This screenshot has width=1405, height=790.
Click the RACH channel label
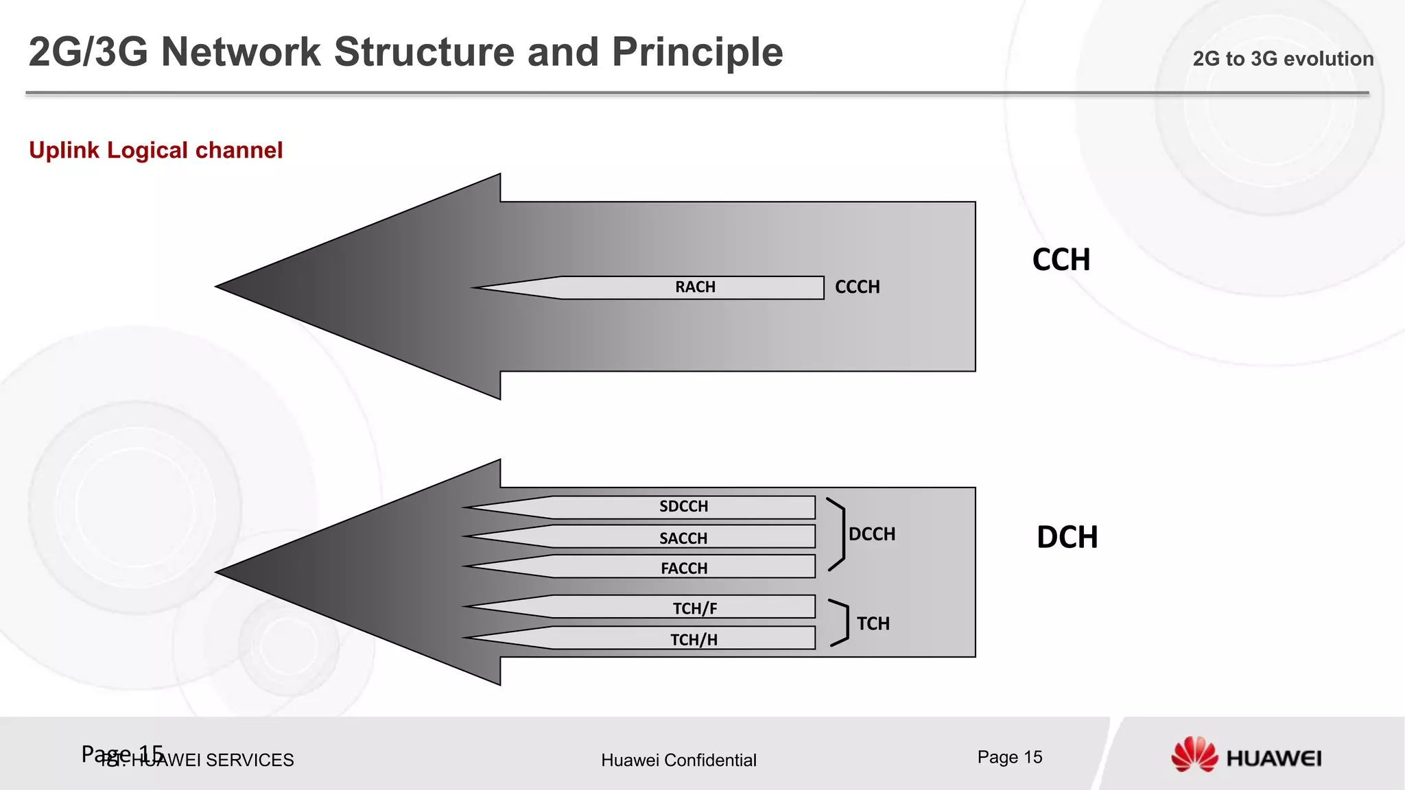click(x=694, y=287)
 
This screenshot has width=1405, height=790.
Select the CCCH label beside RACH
click(x=857, y=287)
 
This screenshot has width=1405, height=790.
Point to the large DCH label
click(x=1067, y=538)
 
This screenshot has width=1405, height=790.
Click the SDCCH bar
click(x=683, y=507)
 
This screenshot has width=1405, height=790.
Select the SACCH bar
click(x=683, y=538)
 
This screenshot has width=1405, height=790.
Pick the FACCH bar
click(x=683, y=568)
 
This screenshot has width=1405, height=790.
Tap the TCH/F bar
click(x=694, y=608)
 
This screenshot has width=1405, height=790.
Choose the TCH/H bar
click(x=694, y=640)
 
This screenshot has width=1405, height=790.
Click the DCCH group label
click(x=872, y=534)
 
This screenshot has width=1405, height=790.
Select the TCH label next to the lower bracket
click(x=873, y=624)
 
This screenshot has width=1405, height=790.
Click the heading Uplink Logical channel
click(x=156, y=150)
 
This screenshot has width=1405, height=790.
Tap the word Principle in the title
click(x=697, y=52)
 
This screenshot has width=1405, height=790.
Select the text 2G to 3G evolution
click(x=1282, y=59)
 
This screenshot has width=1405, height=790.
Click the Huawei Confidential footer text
click(x=678, y=760)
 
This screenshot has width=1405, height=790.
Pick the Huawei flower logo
click(x=1194, y=755)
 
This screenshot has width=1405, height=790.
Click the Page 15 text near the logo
click(x=1010, y=757)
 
